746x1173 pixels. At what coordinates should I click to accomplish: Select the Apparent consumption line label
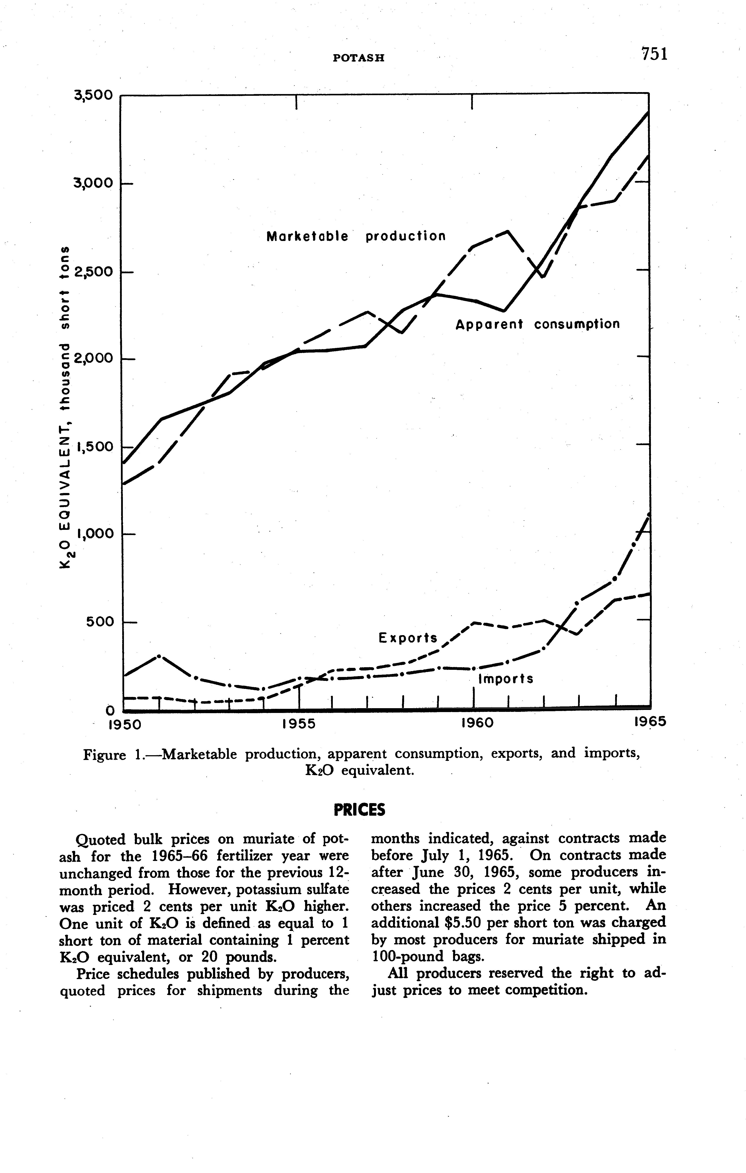point(538,324)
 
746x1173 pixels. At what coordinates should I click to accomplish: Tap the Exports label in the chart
point(408,638)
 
